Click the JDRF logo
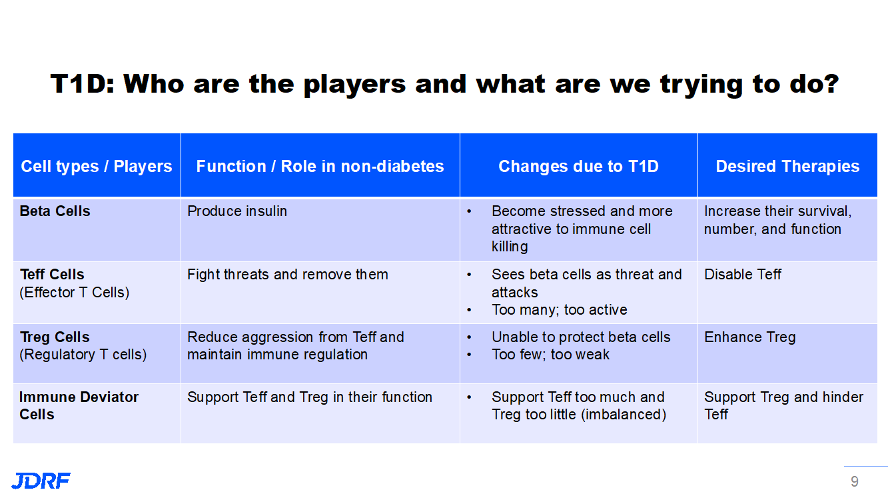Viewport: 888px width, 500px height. [41, 481]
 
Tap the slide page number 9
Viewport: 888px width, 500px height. [854, 481]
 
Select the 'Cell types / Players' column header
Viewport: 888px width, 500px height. [97, 166]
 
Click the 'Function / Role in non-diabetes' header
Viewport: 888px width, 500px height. [320, 166]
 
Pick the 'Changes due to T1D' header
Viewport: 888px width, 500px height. [578, 166]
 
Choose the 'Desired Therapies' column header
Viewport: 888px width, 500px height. [787, 166]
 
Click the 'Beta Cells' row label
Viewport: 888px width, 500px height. [55, 211]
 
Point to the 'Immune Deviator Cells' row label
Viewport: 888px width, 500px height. [79, 405]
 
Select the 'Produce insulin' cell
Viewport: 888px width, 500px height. [237, 211]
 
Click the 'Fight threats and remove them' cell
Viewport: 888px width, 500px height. [287, 275]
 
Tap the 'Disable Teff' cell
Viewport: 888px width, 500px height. [743, 275]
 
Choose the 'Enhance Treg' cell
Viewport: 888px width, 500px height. [749, 337]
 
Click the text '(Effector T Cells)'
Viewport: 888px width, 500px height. [75, 293]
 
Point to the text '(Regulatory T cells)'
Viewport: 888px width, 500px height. [83, 355]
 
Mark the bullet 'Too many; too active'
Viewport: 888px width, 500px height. [560, 310]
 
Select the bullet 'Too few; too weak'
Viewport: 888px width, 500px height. [550, 355]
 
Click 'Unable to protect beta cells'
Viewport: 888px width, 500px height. [581, 337]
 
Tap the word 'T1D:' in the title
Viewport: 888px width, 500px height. [83, 84]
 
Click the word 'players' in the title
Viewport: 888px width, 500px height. [354, 85]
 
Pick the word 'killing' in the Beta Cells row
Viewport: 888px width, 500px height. [510, 247]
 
